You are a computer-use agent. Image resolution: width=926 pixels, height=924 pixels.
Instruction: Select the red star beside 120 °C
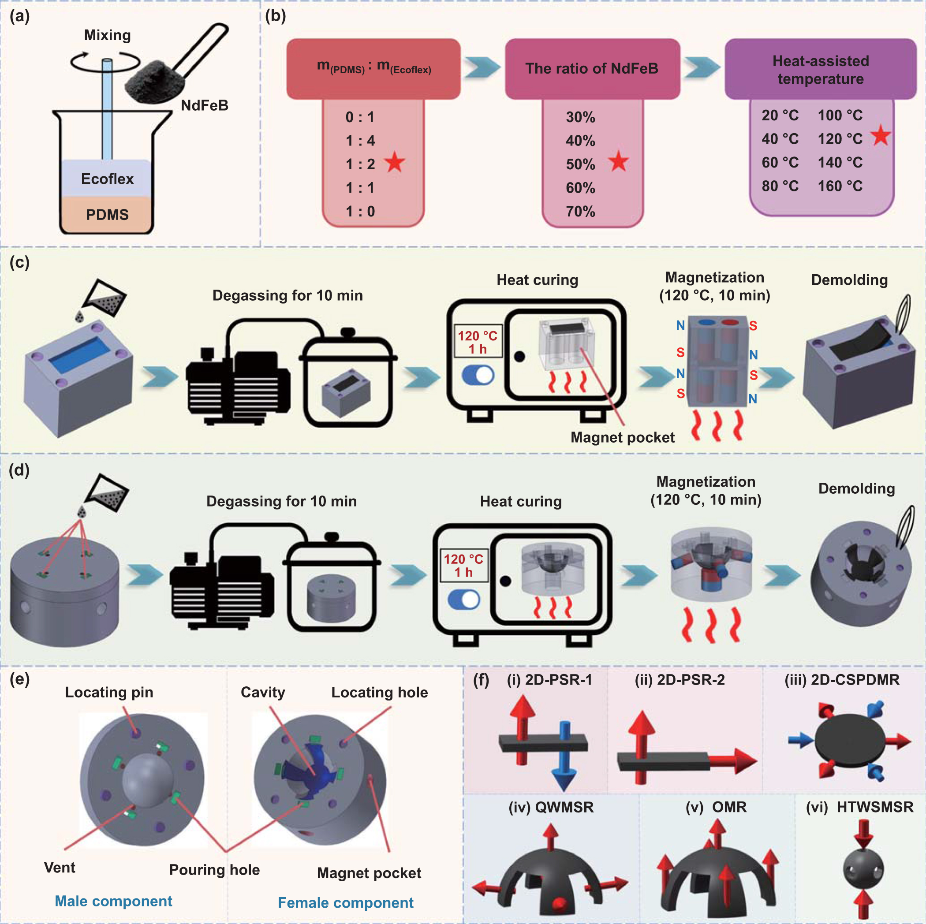[881, 136]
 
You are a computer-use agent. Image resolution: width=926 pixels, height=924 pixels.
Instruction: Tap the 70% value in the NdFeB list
[580, 211]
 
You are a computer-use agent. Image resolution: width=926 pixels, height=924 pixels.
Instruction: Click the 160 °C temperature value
[840, 186]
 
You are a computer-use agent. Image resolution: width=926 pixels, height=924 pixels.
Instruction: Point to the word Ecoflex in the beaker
[107, 179]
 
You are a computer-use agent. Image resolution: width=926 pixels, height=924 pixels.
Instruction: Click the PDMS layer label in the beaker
[107, 214]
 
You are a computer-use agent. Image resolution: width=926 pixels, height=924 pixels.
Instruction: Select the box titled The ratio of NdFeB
[592, 68]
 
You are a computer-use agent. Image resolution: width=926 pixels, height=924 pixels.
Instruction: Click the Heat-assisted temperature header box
[820, 70]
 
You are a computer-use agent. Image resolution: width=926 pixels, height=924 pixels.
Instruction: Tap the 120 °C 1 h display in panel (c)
[478, 342]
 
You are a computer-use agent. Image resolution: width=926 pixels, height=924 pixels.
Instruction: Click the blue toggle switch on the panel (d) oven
[463, 599]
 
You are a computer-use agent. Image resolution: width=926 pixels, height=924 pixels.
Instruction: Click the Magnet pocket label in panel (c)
[622, 437]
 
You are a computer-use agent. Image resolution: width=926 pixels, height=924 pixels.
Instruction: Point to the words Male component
[113, 901]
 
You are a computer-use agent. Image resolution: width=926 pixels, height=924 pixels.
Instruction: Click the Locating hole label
[379, 692]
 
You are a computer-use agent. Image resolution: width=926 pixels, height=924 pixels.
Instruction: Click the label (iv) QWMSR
[551, 807]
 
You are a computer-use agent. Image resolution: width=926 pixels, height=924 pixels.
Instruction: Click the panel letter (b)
[275, 16]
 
